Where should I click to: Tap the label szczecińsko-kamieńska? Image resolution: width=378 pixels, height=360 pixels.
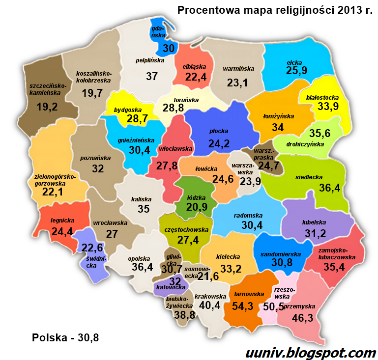[41, 88]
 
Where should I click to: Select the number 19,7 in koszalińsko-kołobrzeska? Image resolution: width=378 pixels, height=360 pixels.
[92, 93]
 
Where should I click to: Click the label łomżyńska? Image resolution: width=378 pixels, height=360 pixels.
[278, 116]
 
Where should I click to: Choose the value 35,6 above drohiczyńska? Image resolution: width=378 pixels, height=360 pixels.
[320, 133]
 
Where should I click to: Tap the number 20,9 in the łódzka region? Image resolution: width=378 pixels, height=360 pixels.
[197, 207]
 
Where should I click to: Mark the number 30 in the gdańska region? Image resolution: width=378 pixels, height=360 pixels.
[169, 48]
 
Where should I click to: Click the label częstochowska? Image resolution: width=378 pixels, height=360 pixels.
[186, 229]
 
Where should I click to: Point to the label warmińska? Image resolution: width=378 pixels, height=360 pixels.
[238, 69]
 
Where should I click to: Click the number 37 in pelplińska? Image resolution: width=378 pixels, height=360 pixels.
[152, 76]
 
